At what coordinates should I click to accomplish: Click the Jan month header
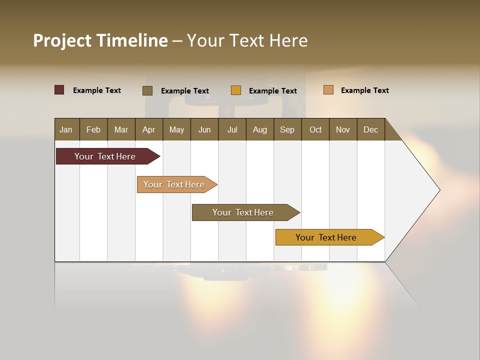pos(66,130)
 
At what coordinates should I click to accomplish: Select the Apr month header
pos(148,130)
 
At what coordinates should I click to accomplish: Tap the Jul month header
pos(232,130)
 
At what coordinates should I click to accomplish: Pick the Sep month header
pos(287,130)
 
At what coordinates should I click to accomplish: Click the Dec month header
pos(370,130)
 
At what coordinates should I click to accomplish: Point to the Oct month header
pos(315,130)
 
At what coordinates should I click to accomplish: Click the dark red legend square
pos(59,90)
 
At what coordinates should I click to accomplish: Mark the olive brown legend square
pos(147,90)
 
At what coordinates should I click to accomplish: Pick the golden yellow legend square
pos(236,90)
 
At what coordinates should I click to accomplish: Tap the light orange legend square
pos(328,90)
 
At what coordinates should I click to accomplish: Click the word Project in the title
pos(62,41)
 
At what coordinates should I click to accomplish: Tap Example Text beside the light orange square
pos(364,90)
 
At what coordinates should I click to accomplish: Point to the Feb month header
pos(93,130)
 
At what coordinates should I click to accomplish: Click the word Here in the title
pos(288,41)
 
